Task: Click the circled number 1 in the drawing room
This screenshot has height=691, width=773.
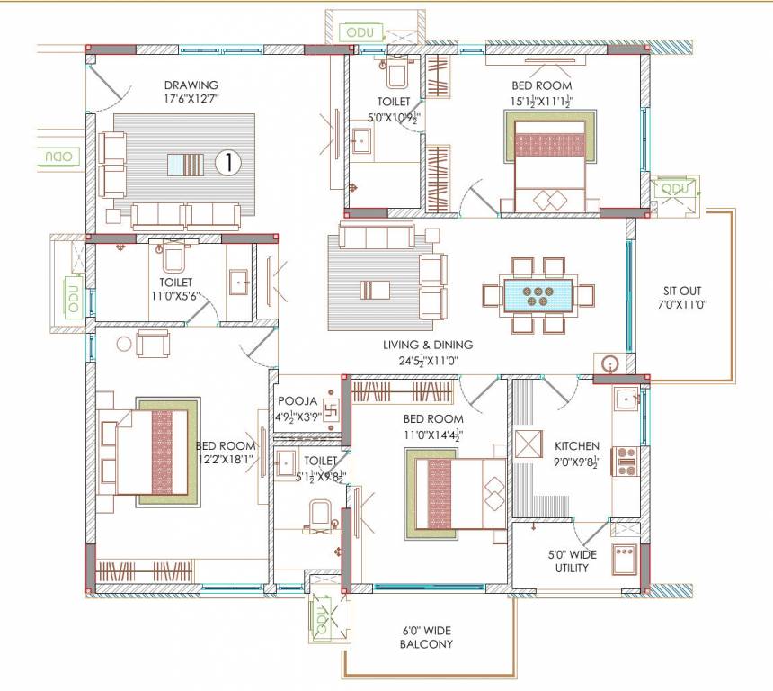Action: tap(229, 163)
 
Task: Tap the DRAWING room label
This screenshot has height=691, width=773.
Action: tap(191, 85)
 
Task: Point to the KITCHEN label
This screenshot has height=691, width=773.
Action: tap(576, 446)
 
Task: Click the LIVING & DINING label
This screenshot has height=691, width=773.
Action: tap(428, 345)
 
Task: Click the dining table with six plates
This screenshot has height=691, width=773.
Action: tap(538, 294)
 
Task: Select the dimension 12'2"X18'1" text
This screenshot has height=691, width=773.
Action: tap(225, 459)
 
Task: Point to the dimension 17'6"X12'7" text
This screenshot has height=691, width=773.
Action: tap(191, 99)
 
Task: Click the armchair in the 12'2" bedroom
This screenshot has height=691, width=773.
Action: tap(153, 343)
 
